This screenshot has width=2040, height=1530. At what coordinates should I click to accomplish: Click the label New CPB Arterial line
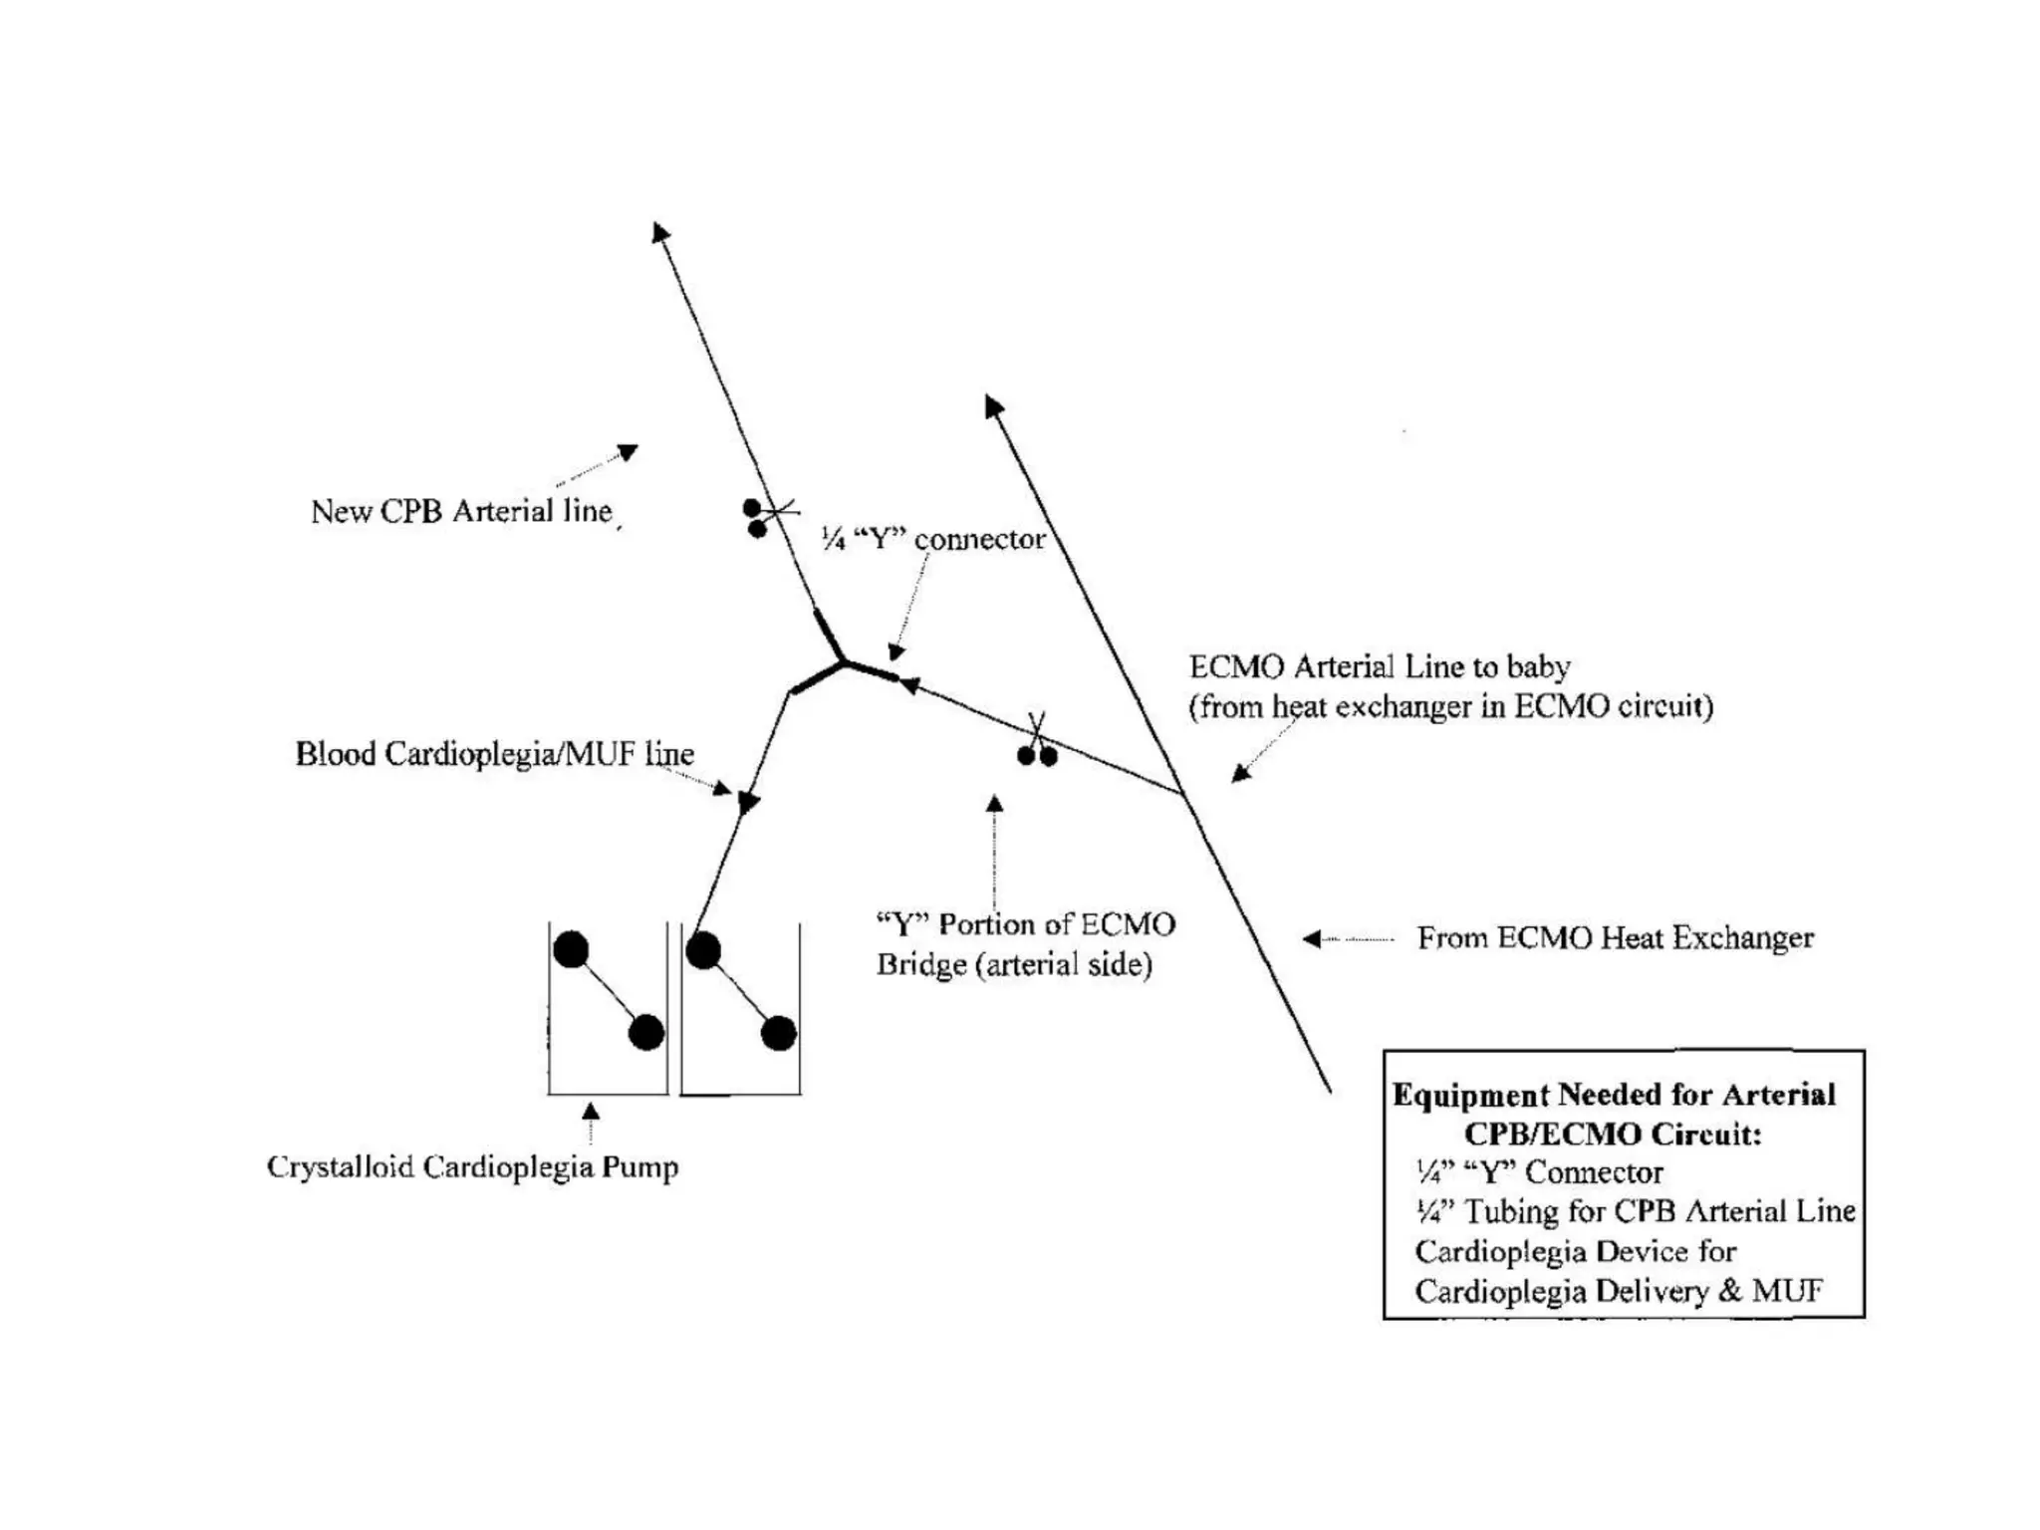(461, 511)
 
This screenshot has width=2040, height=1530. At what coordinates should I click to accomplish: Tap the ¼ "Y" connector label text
(933, 539)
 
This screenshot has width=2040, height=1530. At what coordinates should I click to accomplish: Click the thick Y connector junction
(844, 661)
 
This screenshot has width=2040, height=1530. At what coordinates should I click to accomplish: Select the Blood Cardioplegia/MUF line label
(494, 754)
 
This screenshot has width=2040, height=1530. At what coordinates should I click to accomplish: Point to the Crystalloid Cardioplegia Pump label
(472, 1166)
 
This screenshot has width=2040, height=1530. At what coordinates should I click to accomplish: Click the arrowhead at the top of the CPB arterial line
(660, 232)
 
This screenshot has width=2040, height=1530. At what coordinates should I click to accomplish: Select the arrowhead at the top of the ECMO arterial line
(992, 404)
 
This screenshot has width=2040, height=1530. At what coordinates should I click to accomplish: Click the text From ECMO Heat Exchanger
(1615, 938)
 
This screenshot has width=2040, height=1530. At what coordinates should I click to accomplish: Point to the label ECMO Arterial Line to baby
(1380, 666)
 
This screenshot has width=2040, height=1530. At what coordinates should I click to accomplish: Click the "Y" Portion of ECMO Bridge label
(1025, 944)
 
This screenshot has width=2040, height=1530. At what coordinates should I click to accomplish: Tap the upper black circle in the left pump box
(571, 949)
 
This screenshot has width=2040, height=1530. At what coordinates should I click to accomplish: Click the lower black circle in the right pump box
(778, 1033)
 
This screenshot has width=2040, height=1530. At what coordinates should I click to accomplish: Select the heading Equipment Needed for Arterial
(1614, 1095)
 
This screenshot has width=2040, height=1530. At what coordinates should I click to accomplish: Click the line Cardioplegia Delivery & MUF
(1619, 1291)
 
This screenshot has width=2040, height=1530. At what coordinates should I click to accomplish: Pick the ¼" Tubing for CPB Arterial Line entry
(1635, 1211)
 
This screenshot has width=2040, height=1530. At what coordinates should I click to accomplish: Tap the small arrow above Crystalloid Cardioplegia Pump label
(591, 1112)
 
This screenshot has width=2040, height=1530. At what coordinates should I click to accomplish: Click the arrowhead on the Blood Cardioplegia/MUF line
(748, 802)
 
